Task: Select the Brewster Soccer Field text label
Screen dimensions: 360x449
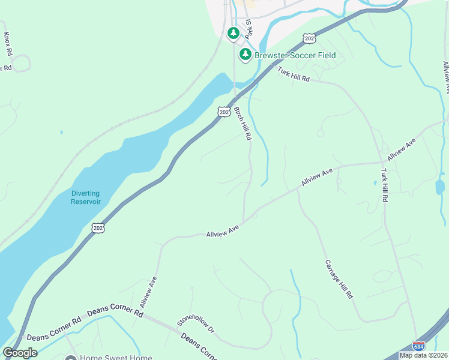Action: [x=295, y=56]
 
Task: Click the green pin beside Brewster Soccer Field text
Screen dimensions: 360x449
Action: [x=245, y=55]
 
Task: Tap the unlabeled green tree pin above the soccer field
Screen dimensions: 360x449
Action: [x=234, y=33]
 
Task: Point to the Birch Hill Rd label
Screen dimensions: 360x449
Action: [x=243, y=124]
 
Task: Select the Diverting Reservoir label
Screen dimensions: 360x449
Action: [x=85, y=197]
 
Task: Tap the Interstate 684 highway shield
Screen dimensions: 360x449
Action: [x=419, y=346]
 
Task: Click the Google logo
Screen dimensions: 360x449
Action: [x=19, y=353]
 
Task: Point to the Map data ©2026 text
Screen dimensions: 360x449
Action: [x=423, y=355]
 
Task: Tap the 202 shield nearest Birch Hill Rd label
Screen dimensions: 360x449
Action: [x=223, y=112]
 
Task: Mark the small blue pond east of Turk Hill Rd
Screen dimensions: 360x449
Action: [x=440, y=187]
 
